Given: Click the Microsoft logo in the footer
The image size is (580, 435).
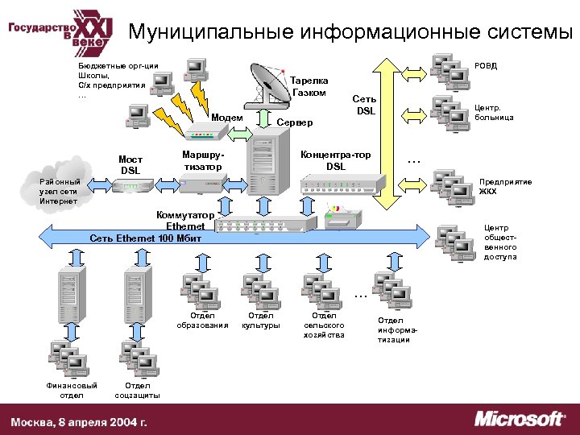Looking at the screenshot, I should click(x=519, y=419).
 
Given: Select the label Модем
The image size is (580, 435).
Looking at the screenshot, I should click(x=226, y=118).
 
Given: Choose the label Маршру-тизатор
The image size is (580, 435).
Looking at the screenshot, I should click(x=202, y=159).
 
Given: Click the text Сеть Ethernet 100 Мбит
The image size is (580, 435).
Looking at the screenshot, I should click(x=141, y=238).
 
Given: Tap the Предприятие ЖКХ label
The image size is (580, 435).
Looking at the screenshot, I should click(x=505, y=187).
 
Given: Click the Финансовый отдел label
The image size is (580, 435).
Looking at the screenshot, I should click(x=72, y=390).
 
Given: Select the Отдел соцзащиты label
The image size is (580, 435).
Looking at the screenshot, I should click(x=137, y=390).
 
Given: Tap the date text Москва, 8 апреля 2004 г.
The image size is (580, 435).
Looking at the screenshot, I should click(x=79, y=421).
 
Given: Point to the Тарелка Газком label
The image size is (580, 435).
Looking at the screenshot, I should click(x=309, y=86).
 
